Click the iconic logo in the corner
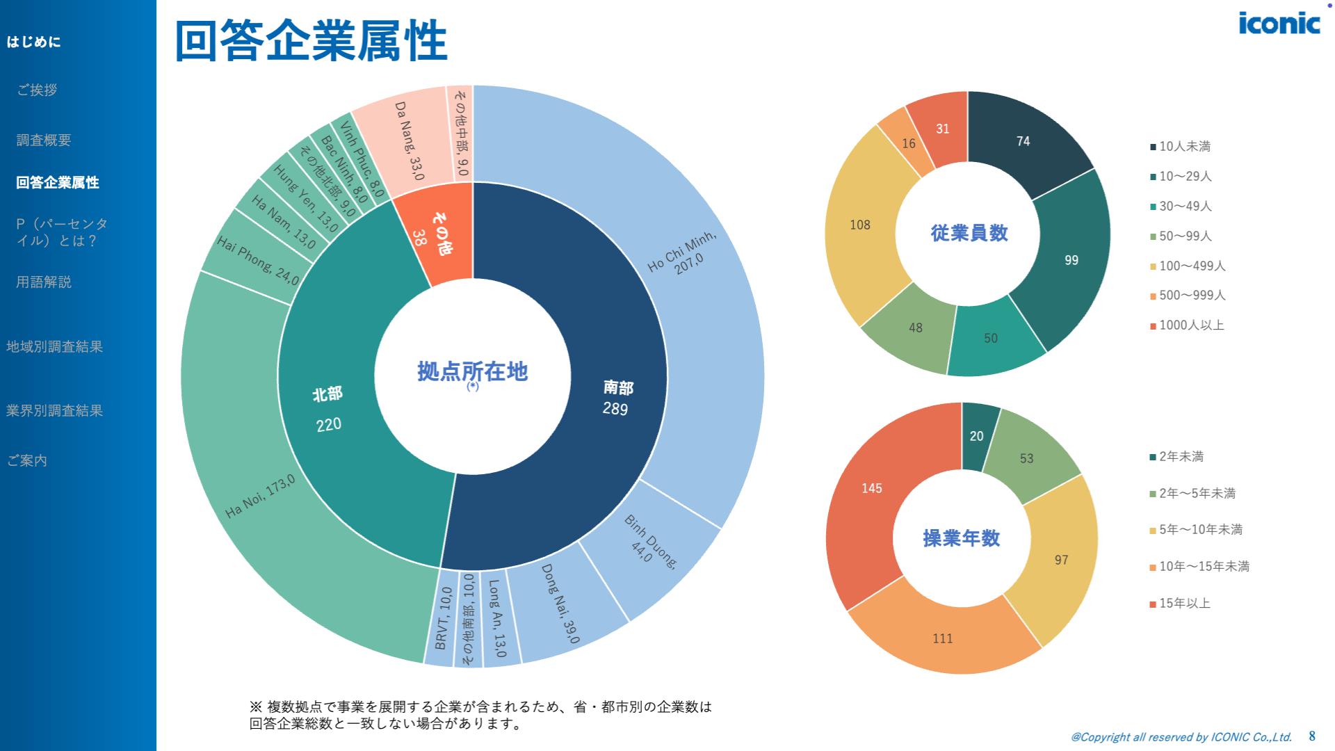1279,22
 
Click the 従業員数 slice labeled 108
861,225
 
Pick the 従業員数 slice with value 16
908,143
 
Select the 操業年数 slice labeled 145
872,488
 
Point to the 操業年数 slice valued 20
977,436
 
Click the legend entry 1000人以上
1191,325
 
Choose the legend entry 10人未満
1184,146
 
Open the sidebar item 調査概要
44,140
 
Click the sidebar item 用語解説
44,282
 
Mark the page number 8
1312,736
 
